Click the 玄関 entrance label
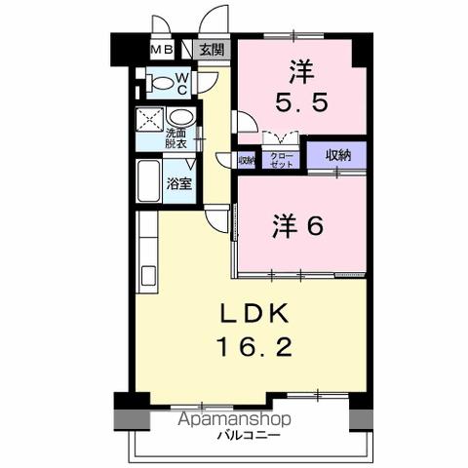(x=212, y=50)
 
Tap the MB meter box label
(x=162, y=50)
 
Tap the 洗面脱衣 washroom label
(x=176, y=138)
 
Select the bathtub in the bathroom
(x=150, y=182)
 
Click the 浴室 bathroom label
(x=177, y=182)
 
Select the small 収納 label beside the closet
(x=248, y=160)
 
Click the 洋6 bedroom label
(x=297, y=224)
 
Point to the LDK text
(x=252, y=314)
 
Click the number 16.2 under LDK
(x=252, y=346)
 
